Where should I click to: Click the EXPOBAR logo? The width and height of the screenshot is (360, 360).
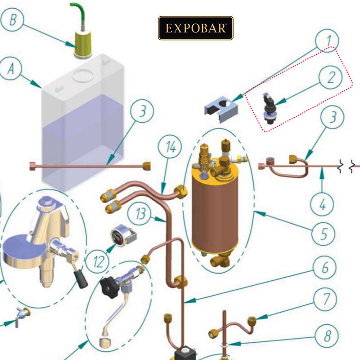point(196,28)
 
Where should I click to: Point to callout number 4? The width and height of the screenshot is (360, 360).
point(322,205)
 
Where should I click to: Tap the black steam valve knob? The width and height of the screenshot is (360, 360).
point(109,286)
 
